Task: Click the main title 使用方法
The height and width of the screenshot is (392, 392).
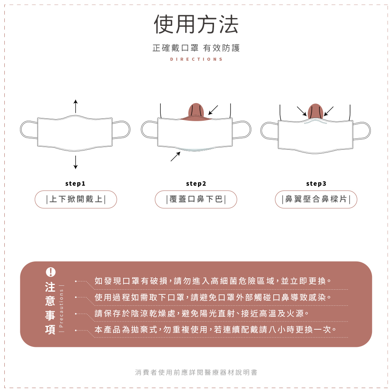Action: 196,24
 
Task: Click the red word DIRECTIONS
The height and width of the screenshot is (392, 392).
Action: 196,59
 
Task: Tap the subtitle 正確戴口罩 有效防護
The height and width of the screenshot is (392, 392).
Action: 196,48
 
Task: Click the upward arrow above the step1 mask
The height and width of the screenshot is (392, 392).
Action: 76,106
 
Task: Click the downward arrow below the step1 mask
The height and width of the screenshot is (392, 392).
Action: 76,162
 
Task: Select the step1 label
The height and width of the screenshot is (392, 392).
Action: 75,183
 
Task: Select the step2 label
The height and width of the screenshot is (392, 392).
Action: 196,183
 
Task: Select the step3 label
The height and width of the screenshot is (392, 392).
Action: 316,183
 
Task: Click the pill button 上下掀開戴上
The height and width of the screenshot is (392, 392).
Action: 76,199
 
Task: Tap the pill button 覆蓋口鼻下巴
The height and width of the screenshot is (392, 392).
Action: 196,199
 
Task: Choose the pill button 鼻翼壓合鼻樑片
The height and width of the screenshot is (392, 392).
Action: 316,199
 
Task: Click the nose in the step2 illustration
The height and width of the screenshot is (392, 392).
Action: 196,112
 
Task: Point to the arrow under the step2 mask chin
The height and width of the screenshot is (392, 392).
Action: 176,156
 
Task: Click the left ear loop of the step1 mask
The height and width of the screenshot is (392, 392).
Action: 29,129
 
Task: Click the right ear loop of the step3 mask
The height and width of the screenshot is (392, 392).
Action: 362,131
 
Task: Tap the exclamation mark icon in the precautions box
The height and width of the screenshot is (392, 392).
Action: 51,272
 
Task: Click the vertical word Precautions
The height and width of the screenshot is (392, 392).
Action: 61,308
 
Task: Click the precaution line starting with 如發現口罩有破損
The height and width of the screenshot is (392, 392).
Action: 213,281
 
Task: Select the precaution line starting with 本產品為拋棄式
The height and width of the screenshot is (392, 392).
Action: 215,330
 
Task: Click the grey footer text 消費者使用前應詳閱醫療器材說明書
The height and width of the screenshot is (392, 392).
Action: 196,372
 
